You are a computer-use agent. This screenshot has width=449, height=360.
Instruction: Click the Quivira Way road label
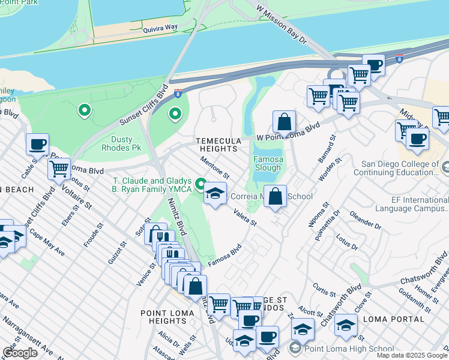point(160,28)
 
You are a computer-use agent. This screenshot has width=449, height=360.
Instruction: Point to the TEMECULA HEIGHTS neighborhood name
point(217,145)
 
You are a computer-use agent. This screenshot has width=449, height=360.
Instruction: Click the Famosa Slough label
point(268,164)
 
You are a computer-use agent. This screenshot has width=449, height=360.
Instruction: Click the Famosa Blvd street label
point(224,255)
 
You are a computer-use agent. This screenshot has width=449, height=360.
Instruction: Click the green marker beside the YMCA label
point(200,183)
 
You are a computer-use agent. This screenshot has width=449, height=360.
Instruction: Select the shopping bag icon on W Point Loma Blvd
point(285,122)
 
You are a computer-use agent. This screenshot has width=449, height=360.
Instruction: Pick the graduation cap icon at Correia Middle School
point(215,194)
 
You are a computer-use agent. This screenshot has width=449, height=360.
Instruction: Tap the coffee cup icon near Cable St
point(37,145)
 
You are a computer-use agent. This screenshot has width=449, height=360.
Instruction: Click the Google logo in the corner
point(20,353)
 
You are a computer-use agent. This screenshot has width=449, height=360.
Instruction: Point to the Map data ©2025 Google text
point(412,355)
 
